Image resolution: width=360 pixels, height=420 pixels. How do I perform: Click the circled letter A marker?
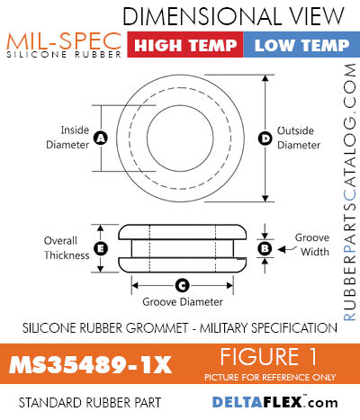pyautogui.click(x=100, y=138)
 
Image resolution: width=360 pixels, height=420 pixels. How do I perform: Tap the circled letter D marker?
pyautogui.click(x=265, y=138)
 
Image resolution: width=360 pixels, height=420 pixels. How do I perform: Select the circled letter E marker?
pyautogui.click(x=101, y=247)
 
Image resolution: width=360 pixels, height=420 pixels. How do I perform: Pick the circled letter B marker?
pyautogui.click(x=265, y=247)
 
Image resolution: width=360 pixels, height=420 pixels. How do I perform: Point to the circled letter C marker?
pyautogui.click(x=181, y=285)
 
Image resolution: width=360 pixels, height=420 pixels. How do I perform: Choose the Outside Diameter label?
pyautogui.click(x=299, y=138)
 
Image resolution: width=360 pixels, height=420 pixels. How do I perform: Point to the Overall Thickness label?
pyautogui.click(x=66, y=247)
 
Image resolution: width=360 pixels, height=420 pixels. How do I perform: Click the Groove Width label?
pyautogui.click(x=311, y=246)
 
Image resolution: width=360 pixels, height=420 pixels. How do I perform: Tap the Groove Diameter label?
pyautogui.click(x=181, y=302)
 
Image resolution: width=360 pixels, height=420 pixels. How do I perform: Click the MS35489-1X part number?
pyautogui.click(x=91, y=366)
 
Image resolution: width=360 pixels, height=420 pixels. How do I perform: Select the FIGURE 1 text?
pyautogui.click(x=281, y=356)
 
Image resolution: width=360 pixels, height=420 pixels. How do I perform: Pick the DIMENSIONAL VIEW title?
pyautogui.click(x=233, y=16)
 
